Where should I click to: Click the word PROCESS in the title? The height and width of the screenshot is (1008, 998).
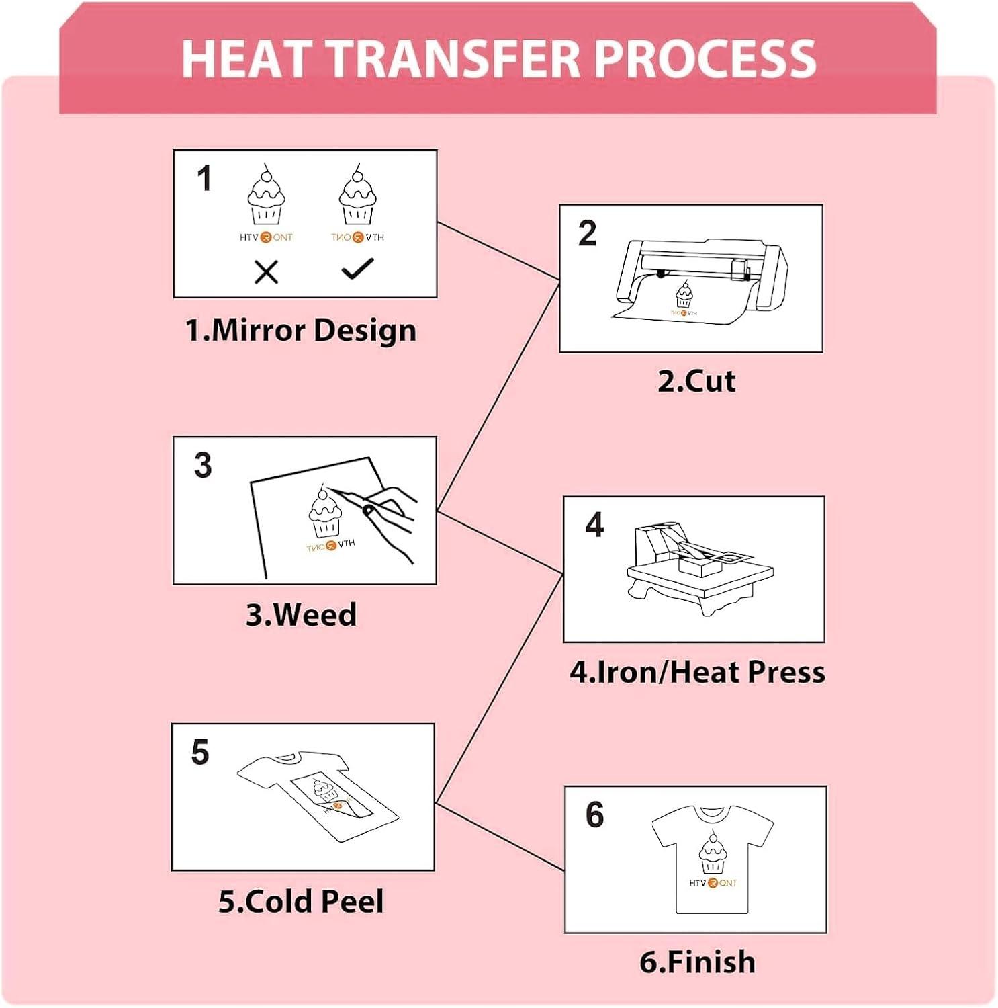pyautogui.click(x=705, y=58)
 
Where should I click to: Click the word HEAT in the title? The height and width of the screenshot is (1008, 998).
pyautogui.click(x=247, y=58)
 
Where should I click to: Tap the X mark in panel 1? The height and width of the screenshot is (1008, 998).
pyautogui.click(x=267, y=272)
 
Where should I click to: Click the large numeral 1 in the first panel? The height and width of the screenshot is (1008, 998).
pyautogui.click(x=205, y=178)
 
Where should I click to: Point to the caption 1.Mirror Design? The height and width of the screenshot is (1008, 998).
pyautogui.click(x=301, y=330)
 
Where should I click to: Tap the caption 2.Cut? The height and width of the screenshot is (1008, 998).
pyautogui.click(x=696, y=381)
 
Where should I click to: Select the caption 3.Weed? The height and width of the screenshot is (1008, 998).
pyautogui.click(x=301, y=614)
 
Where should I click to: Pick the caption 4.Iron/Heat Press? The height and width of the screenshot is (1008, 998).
pyautogui.click(x=697, y=672)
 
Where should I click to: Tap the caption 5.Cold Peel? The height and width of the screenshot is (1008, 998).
pyautogui.click(x=301, y=901)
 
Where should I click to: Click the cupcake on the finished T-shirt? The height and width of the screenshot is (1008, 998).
pyautogui.click(x=712, y=852)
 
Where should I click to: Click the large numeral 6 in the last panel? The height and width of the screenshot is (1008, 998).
pyautogui.click(x=595, y=814)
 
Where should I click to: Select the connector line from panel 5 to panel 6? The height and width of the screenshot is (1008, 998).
pyautogui.click(x=500, y=837)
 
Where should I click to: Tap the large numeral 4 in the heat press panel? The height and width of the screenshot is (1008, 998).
pyautogui.click(x=594, y=524)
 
